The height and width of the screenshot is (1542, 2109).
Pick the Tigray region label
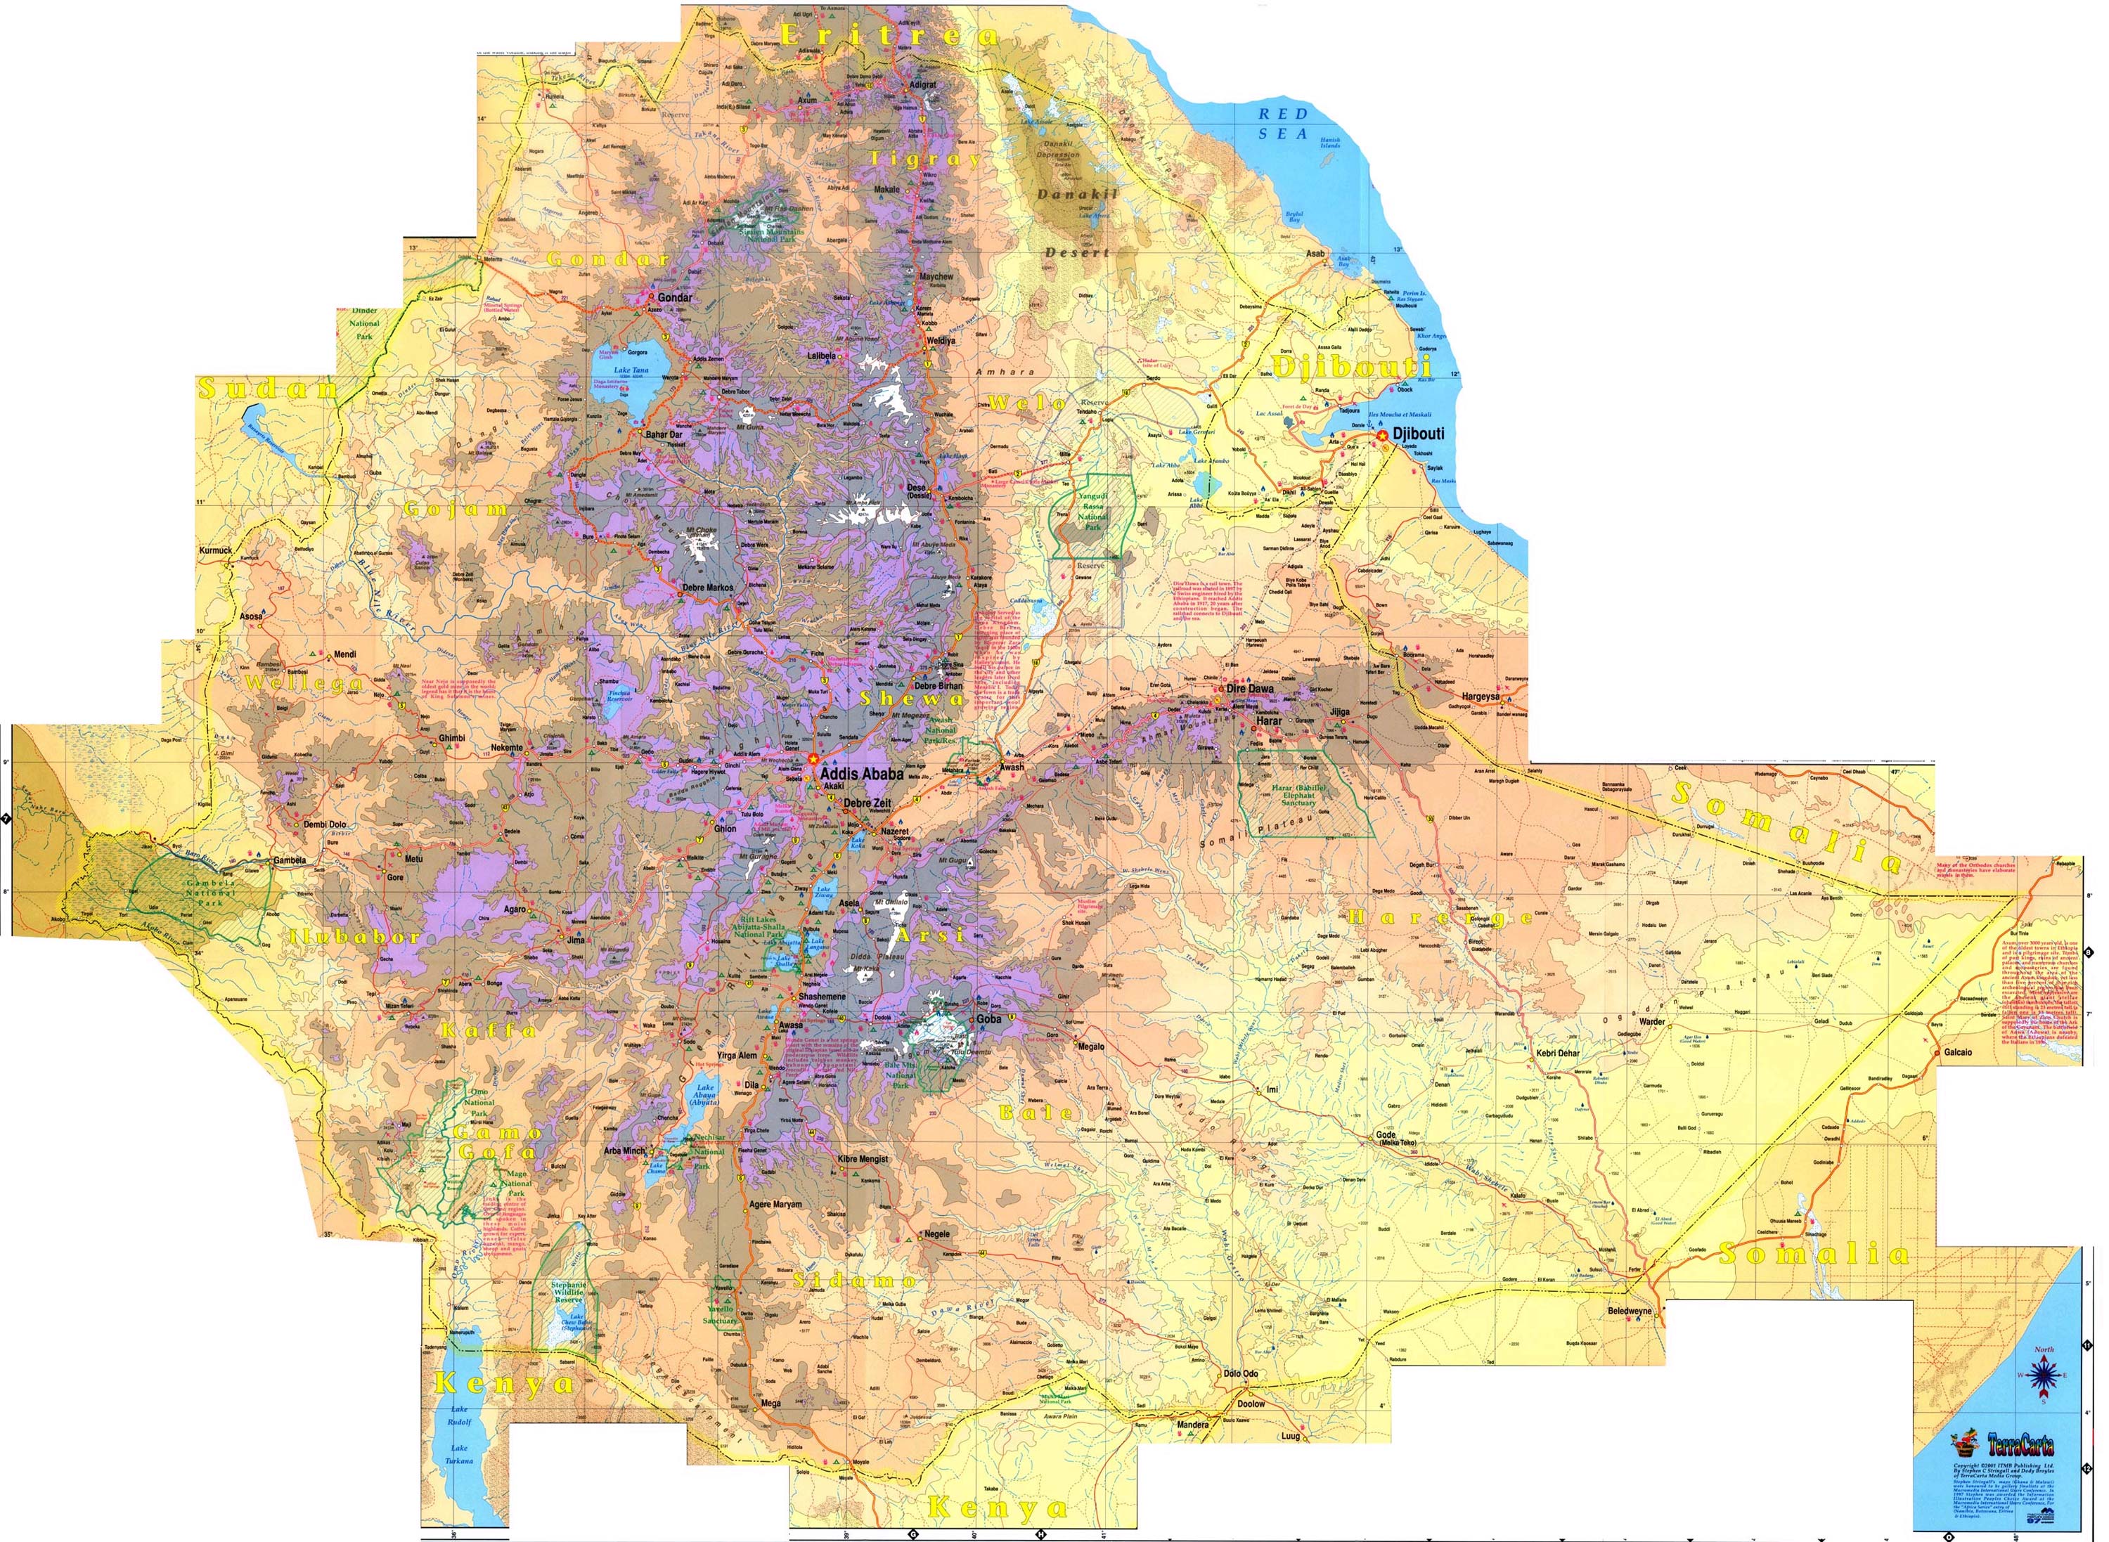click(x=925, y=159)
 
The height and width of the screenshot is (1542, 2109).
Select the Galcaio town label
click(x=1959, y=1052)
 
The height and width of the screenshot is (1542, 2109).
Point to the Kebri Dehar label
click(x=1558, y=1054)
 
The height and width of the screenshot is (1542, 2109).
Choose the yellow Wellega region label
click(x=304, y=683)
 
